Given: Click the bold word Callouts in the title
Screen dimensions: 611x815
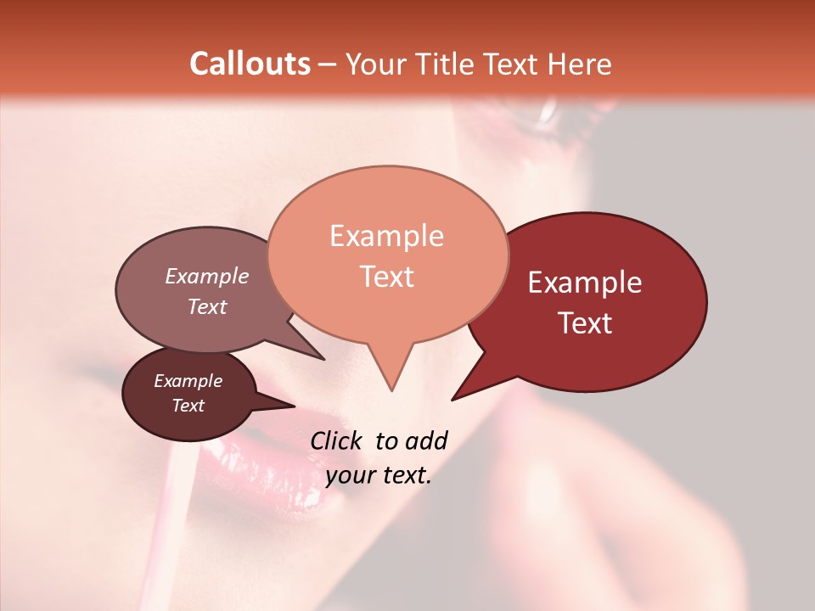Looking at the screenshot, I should pos(250,64).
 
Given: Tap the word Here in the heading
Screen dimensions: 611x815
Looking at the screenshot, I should pos(580,64).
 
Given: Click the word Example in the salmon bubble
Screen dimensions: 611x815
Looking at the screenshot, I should pos(386,236).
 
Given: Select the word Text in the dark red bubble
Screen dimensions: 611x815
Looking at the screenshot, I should pos(585,323).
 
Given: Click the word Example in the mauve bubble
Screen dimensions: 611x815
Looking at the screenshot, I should pos(206,276).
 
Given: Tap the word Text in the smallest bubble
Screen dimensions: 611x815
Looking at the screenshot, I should pos(188,406).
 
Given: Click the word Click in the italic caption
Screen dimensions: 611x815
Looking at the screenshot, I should pos(338,440).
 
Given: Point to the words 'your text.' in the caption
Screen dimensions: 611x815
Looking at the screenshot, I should pos(379,476).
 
